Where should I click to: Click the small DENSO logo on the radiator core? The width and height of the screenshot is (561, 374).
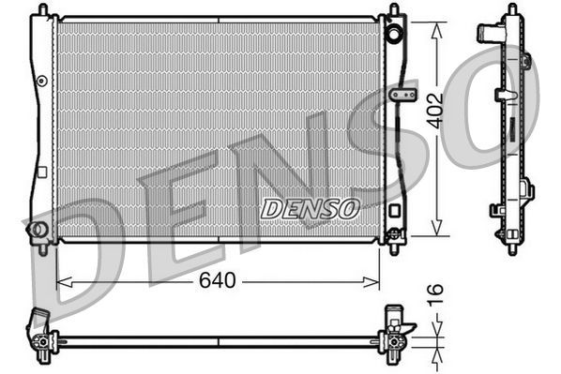click(x=309, y=208)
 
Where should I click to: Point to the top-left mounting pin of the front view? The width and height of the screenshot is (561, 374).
click(x=41, y=9)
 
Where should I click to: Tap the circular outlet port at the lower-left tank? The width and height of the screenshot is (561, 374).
click(x=38, y=230)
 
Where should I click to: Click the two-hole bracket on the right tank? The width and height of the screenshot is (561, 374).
click(x=404, y=96)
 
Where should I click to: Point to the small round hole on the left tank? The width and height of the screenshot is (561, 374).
click(x=40, y=82)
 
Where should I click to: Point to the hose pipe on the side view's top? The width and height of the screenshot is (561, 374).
click(x=487, y=34)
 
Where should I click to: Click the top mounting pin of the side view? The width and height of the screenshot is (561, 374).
click(x=511, y=8)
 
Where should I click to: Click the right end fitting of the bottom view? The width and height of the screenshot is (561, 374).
click(x=394, y=335)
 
